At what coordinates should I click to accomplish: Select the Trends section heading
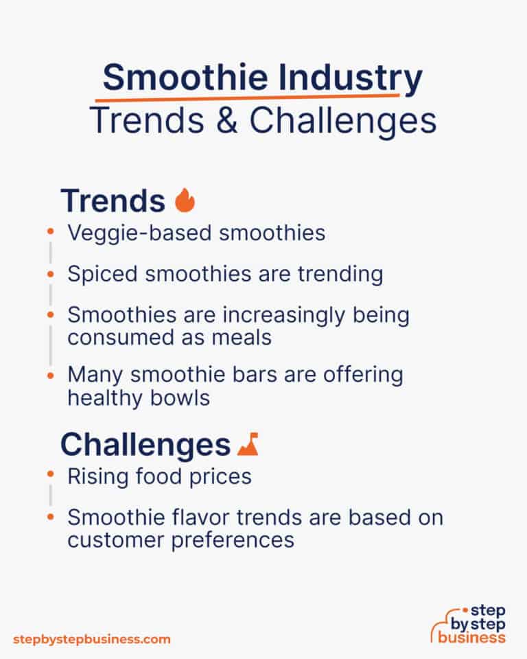[113, 200]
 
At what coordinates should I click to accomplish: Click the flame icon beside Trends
[185, 200]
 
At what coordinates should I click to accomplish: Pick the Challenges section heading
[145, 445]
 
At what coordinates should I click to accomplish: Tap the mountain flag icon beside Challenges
[247, 445]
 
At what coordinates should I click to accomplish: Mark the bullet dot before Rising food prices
[50, 476]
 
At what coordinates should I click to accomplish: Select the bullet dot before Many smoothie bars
[50, 375]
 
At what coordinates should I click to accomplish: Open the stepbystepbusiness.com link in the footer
[92, 639]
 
